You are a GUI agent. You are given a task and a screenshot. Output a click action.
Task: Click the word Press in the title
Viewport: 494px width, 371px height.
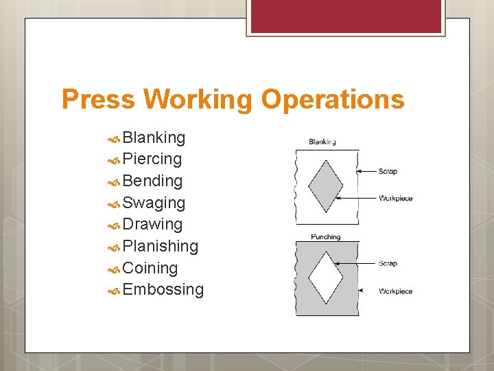click(100, 100)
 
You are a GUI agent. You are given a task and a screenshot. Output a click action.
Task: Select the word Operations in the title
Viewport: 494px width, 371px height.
click(333, 100)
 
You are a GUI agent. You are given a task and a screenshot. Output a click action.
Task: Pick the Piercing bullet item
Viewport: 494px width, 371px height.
click(152, 159)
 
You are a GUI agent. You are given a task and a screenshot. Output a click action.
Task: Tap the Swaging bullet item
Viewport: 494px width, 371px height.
click(154, 203)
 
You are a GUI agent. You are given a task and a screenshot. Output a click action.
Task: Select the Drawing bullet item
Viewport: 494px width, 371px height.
click(152, 224)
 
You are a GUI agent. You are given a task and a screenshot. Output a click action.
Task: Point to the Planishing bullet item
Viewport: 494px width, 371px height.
click(160, 246)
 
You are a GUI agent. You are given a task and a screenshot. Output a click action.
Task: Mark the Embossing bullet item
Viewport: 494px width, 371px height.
click(163, 289)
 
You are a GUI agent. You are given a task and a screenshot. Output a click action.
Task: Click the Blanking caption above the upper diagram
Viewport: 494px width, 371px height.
click(322, 142)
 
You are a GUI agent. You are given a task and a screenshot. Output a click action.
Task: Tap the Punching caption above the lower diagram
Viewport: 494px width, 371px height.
click(326, 237)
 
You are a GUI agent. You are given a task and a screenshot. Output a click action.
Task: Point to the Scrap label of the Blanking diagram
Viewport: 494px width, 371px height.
click(388, 171)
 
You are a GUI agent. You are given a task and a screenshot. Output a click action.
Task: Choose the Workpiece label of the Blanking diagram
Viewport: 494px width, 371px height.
click(396, 199)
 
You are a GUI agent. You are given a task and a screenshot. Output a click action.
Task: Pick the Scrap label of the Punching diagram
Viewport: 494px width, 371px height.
click(388, 264)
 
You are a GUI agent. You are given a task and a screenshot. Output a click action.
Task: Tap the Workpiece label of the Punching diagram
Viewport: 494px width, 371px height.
click(396, 291)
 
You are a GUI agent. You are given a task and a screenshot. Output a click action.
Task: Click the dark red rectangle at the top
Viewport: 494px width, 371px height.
click(345, 16)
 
